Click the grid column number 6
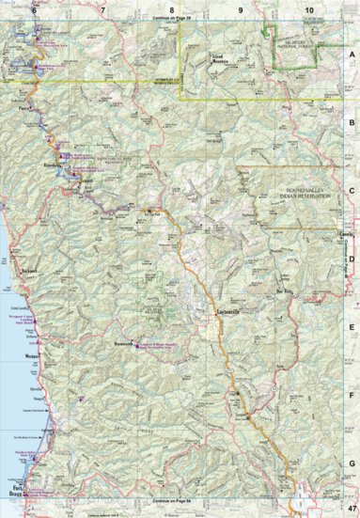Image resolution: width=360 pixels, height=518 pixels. [x=36, y=8]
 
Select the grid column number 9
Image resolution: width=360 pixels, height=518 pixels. [x=240, y=8]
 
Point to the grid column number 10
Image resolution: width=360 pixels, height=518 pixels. [x=308, y=8]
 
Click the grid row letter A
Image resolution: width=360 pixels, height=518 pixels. [x=352, y=54]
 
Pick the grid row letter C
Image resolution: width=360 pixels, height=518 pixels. [x=352, y=190]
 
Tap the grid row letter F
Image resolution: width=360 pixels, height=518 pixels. [x=352, y=395]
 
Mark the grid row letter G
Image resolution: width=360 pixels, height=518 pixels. [x=352, y=463]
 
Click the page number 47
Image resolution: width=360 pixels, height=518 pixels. [x=350, y=508]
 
